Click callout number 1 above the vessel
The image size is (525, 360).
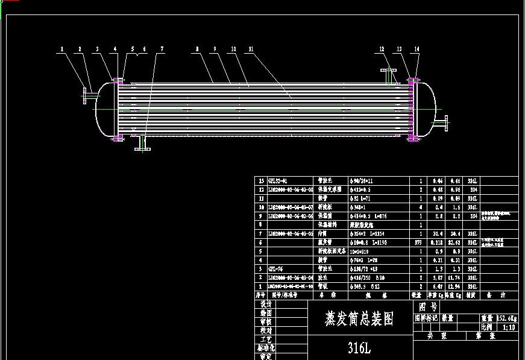click(x=61, y=49)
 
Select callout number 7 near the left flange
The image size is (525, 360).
click(x=162, y=49)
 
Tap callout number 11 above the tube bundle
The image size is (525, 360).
click(x=251, y=49)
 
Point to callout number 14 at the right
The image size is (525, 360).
click(x=417, y=49)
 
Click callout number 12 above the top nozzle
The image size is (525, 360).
click(x=382, y=49)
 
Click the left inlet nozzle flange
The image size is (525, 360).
click(x=84, y=95)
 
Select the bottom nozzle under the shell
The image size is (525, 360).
click(x=141, y=145)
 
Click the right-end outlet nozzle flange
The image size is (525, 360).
click(x=445, y=122)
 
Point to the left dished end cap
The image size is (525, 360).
click(x=101, y=109)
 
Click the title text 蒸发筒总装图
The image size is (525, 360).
click(x=359, y=318)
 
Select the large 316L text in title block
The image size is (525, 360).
click(x=359, y=348)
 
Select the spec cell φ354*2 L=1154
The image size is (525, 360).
click(x=368, y=233)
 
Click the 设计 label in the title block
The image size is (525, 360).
click(x=265, y=305)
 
